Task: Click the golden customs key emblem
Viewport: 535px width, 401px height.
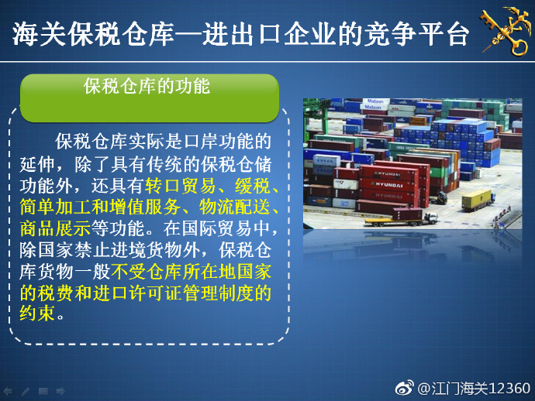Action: (x=506, y=31)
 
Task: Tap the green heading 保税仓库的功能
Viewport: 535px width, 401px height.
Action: (x=147, y=86)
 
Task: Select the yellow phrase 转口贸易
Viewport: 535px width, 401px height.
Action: (x=181, y=186)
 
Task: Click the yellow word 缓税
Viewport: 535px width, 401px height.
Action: (x=253, y=186)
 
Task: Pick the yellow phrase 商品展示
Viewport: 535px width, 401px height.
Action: (x=55, y=228)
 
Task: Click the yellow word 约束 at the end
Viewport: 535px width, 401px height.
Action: (x=37, y=313)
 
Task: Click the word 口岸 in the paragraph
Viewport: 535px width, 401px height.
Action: (x=200, y=142)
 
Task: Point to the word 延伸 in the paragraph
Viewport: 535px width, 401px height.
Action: (x=37, y=165)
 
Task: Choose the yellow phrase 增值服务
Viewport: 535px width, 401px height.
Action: (x=145, y=207)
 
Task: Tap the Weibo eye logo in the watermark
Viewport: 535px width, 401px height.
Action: (x=405, y=388)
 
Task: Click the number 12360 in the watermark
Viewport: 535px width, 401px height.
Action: (x=509, y=389)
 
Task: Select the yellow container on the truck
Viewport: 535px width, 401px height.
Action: (x=476, y=199)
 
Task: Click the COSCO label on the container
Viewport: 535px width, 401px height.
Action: (x=324, y=160)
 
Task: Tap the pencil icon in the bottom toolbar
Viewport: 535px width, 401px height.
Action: (x=26, y=391)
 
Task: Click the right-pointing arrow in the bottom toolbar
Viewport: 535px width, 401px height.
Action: (x=60, y=391)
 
